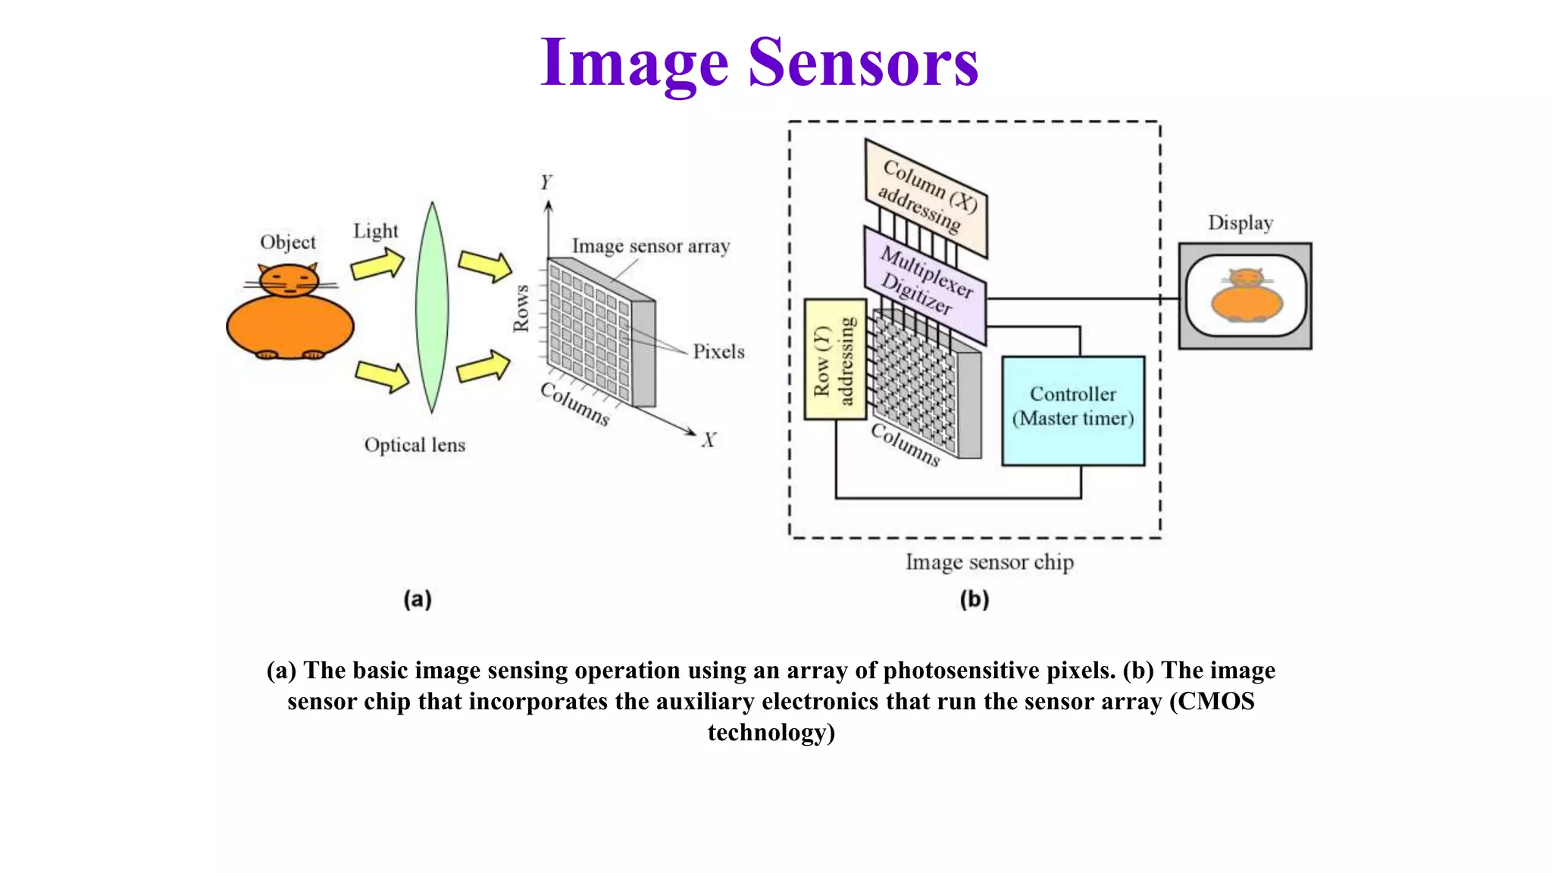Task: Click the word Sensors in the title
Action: (x=863, y=64)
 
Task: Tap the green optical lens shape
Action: (x=432, y=307)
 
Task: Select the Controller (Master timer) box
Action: (x=1073, y=410)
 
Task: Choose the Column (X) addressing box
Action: (x=926, y=197)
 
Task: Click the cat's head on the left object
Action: (x=289, y=280)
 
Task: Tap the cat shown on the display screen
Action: (x=1247, y=296)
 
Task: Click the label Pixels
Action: (x=718, y=352)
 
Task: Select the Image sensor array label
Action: (x=651, y=246)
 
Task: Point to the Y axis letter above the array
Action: (x=546, y=183)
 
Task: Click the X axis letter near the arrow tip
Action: (x=709, y=440)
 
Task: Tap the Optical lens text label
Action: (x=415, y=445)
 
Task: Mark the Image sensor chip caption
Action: (x=990, y=562)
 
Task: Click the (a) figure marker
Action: (x=418, y=599)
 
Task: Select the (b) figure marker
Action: (x=975, y=599)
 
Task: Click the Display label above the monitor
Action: (x=1241, y=223)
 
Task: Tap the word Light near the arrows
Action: (x=375, y=231)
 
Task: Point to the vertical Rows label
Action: (x=521, y=308)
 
